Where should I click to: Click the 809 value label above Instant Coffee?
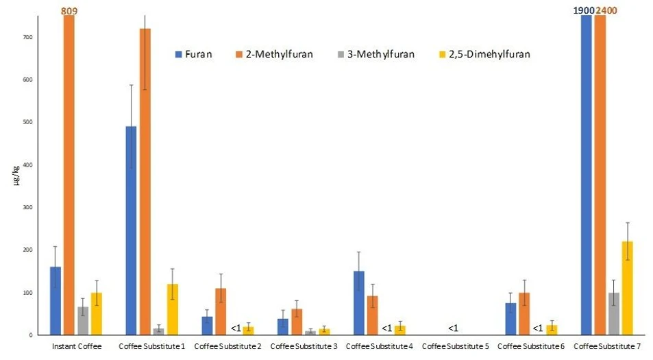[x=69, y=11]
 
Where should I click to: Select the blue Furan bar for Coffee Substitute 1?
[x=131, y=230]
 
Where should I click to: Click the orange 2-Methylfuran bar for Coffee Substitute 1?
[x=145, y=182]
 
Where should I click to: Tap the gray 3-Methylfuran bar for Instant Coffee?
[x=82, y=321]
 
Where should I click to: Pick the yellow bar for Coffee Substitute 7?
[x=627, y=288]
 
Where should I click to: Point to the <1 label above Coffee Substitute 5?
[x=453, y=328]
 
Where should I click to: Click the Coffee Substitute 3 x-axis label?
[x=304, y=346]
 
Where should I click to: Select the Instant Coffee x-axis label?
[x=76, y=346]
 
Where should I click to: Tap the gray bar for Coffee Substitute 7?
[x=613, y=314]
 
